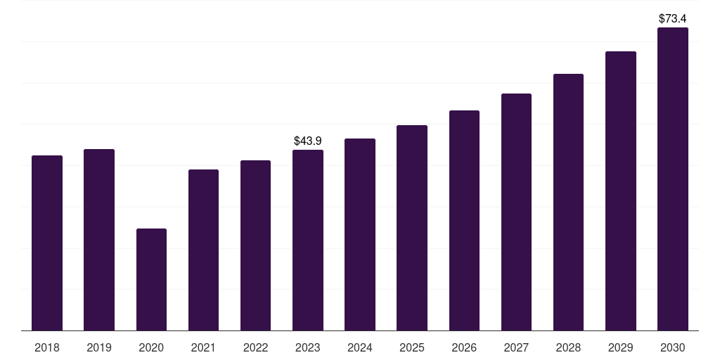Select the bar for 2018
[47, 243]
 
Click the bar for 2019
[99, 240]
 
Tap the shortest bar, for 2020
[152, 280]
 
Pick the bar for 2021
[203, 250]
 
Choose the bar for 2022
[255, 245]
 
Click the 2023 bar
[308, 240]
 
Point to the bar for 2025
[412, 228]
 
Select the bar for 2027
[516, 212]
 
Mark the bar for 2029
[621, 191]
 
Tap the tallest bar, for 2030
[673, 179]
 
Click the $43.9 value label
[308, 141]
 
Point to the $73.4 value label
[673, 19]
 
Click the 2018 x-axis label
[47, 348]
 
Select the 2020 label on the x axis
[152, 348]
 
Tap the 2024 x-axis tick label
[360, 348]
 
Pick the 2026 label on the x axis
[464, 348]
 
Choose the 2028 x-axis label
[568, 348]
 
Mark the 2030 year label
[673, 348]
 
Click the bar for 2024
[360, 235]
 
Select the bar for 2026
[464, 220]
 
